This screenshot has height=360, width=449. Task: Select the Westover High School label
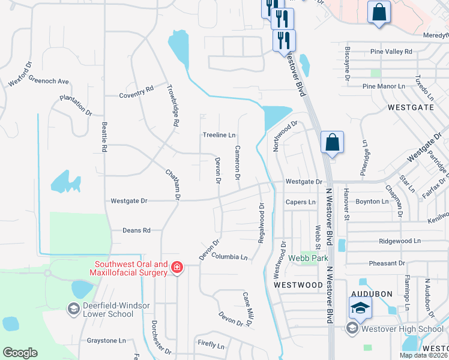click(398, 328)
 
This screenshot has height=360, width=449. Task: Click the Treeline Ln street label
click(218, 135)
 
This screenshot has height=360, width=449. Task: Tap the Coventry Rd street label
click(136, 92)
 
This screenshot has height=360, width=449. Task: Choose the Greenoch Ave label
click(49, 81)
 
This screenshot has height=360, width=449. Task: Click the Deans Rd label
click(136, 230)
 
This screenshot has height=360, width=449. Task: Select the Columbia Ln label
click(229, 257)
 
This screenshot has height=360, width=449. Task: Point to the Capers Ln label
click(300, 202)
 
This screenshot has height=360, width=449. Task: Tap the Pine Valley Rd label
click(391, 52)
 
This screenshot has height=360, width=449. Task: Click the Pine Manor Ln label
click(384, 86)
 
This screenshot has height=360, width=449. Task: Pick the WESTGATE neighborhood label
click(411, 107)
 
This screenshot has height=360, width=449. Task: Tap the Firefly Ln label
click(211, 346)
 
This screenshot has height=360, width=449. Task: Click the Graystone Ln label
click(106, 340)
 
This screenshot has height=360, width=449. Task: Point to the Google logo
click(20, 353)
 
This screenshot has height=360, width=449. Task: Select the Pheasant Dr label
click(387, 263)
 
